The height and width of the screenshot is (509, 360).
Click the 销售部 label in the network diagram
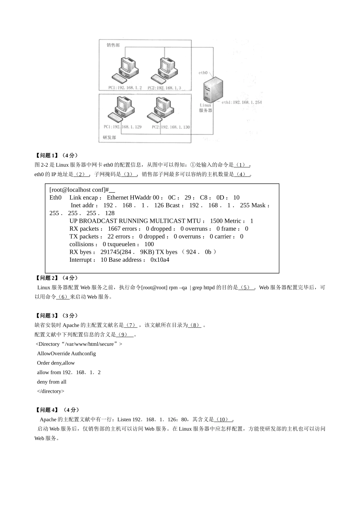pyautogui.click(x=113, y=45)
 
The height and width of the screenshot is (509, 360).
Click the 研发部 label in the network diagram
pyautogui.click(x=110, y=137)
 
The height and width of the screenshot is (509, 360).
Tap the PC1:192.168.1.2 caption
pyautogui.click(x=125, y=88)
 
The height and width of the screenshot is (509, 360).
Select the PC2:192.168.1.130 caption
pyautogui.click(x=171, y=127)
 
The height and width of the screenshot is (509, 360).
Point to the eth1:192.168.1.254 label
pyautogui.click(x=242, y=102)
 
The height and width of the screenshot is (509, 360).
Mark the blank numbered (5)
pyautogui.click(x=246, y=287)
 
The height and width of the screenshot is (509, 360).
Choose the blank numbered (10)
pyautogui.click(x=223, y=419)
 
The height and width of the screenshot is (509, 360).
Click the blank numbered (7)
pyautogui.click(x=131, y=325)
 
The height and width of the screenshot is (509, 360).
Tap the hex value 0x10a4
pyautogui.click(x=160, y=260)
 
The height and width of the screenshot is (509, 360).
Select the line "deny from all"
pyautogui.click(x=52, y=382)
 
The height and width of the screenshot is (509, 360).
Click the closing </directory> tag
pyautogui.click(x=51, y=391)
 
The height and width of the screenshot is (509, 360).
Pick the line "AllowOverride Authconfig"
pyautogui.click(x=66, y=353)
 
